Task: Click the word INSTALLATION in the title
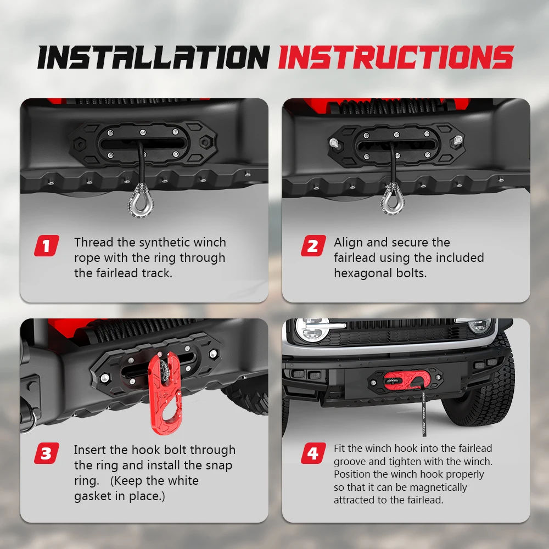(x=153, y=57)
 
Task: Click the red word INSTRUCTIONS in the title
(x=396, y=57)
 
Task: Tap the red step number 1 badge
(x=47, y=245)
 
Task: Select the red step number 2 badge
(x=313, y=245)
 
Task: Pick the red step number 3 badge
(x=47, y=453)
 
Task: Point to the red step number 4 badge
(x=313, y=453)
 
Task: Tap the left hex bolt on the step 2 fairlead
(x=334, y=143)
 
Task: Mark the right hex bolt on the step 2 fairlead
(x=458, y=139)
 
